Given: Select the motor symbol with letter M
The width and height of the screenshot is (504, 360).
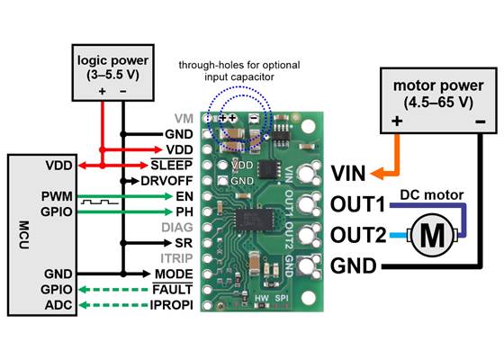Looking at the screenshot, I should [x=434, y=236].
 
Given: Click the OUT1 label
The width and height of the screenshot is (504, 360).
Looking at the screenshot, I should [x=357, y=205].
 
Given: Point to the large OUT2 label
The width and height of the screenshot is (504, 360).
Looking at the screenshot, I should [x=357, y=237].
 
